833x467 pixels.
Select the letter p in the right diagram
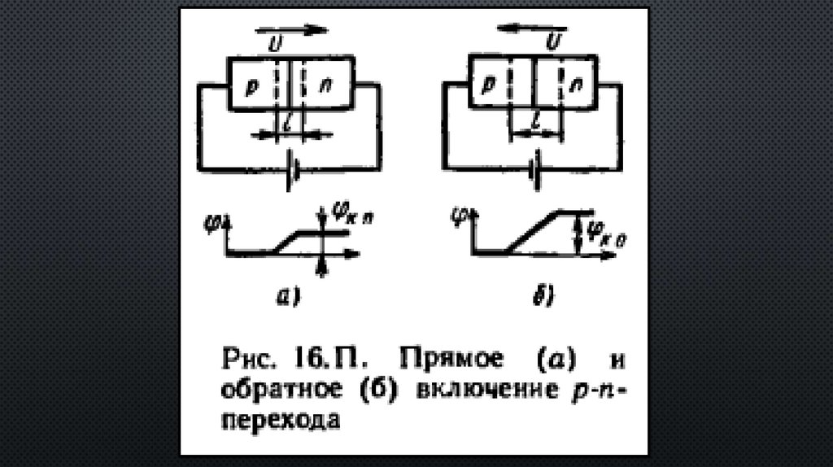pos(491,85)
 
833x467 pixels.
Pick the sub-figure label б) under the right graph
pos(543,299)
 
